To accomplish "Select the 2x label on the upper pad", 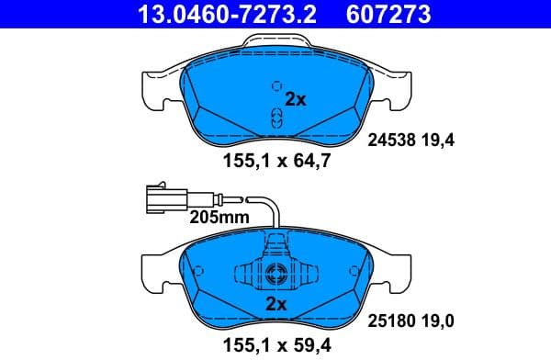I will (296, 100).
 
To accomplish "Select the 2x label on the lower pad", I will (276, 304).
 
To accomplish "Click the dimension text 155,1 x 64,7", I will (276, 163).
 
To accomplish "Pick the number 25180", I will (392, 320).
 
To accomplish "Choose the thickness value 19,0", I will (439, 320).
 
